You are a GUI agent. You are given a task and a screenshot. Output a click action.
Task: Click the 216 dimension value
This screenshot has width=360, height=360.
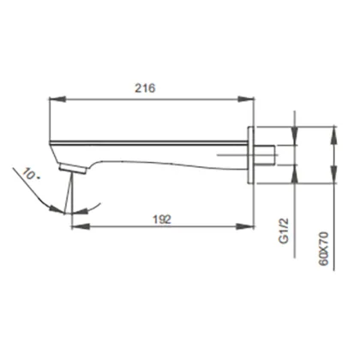click(145, 88)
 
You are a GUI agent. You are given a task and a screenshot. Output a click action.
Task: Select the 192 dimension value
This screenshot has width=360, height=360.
click(162, 219)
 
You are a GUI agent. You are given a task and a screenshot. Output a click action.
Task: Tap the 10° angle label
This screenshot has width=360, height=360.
click(31, 174)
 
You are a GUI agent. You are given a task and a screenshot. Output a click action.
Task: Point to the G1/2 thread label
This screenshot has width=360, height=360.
click(284, 231)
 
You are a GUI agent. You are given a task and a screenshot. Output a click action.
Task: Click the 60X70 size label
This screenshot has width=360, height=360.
click(323, 249)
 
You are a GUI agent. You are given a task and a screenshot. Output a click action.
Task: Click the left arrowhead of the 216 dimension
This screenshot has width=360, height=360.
click(57, 99)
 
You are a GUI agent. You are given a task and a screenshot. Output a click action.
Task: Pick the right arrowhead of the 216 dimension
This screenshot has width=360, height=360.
click(245, 99)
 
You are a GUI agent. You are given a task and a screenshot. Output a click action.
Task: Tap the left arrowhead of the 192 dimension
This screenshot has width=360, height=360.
click(80, 227)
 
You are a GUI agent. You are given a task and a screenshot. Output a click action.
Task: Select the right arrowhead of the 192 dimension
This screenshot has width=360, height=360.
click(245, 227)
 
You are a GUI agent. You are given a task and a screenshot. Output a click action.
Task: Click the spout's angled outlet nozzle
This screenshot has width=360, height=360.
click(73, 168)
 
